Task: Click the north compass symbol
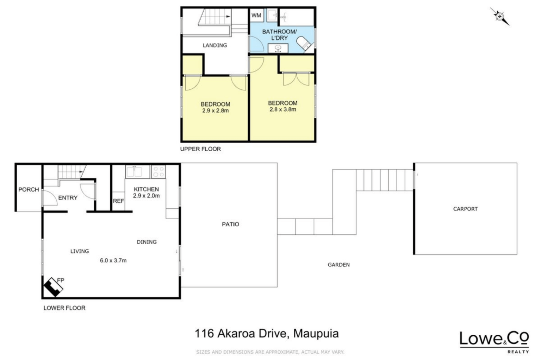tap(499, 17)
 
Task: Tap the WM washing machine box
tap(256, 15)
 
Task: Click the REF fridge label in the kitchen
tap(118, 201)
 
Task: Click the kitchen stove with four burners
tap(158, 172)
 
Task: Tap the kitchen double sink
tap(137, 172)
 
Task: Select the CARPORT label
tap(465, 209)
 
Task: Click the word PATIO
tap(230, 225)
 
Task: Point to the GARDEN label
tap(338, 265)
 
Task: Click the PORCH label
tap(29, 190)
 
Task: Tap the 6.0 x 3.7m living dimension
tap(113, 260)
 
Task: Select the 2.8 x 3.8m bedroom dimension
tap(283, 109)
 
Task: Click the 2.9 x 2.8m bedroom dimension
tap(216, 111)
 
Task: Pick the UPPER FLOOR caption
tap(200, 149)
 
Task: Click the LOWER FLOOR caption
tap(64, 308)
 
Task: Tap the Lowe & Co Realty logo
tap(494, 342)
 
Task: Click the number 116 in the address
tap(204, 334)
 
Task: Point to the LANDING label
tap(215, 45)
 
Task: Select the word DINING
tap(147, 242)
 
